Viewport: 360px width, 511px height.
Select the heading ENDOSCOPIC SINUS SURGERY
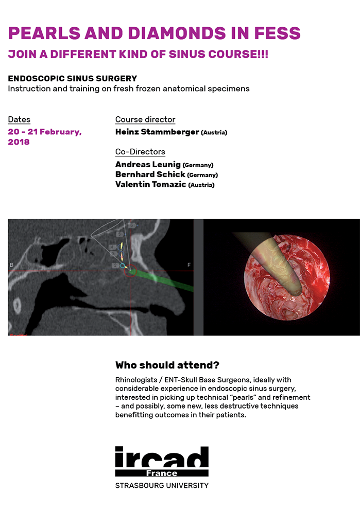[73, 79]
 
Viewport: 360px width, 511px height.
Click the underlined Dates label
[19, 120]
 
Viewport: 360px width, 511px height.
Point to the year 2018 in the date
[19, 142]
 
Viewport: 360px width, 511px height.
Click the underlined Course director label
[145, 119]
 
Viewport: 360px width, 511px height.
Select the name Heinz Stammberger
[157, 132]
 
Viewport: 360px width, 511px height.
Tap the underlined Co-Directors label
[140, 152]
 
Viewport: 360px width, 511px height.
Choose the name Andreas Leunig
[148, 165]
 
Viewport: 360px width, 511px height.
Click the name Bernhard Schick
[150, 175]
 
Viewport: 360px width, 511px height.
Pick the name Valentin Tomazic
[150, 185]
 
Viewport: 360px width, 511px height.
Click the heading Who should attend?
[167, 365]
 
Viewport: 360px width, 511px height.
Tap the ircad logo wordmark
[162, 457]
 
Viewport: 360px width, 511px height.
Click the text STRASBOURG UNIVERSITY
[162, 485]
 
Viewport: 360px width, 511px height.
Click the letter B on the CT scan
[11, 265]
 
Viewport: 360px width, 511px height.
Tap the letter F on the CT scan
[189, 265]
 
